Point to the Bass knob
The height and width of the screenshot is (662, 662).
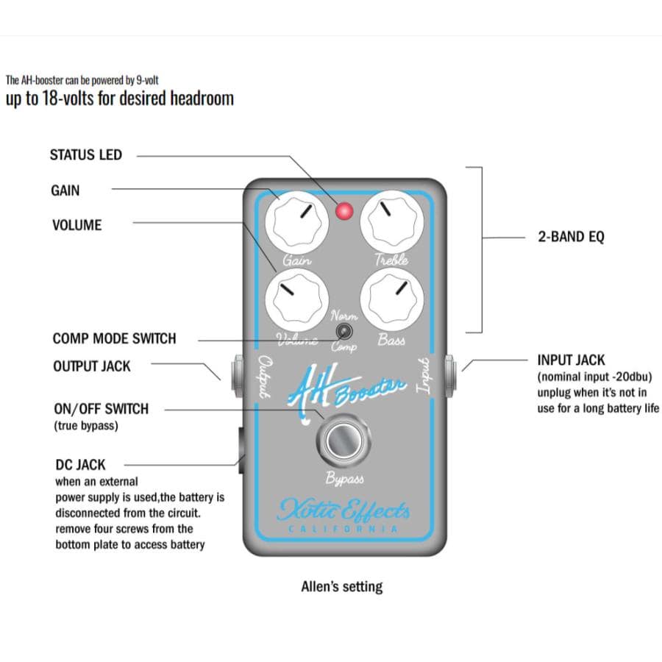click(x=390, y=296)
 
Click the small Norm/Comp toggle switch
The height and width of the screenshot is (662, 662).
click(x=342, y=332)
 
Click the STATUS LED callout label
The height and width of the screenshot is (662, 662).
click(x=85, y=155)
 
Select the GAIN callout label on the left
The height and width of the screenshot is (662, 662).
click(x=65, y=191)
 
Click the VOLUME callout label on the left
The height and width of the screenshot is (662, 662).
click(x=76, y=225)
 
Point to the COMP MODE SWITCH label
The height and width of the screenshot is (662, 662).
click(x=114, y=339)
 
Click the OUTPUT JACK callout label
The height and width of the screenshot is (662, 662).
click(x=91, y=366)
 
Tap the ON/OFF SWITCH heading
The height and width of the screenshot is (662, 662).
click(x=101, y=409)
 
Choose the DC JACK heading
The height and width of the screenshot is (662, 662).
click(x=80, y=465)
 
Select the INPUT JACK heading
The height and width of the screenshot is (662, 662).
click(x=572, y=360)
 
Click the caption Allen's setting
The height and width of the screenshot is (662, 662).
click(x=341, y=587)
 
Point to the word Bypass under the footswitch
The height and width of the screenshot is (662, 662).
click(x=344, y=480)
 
